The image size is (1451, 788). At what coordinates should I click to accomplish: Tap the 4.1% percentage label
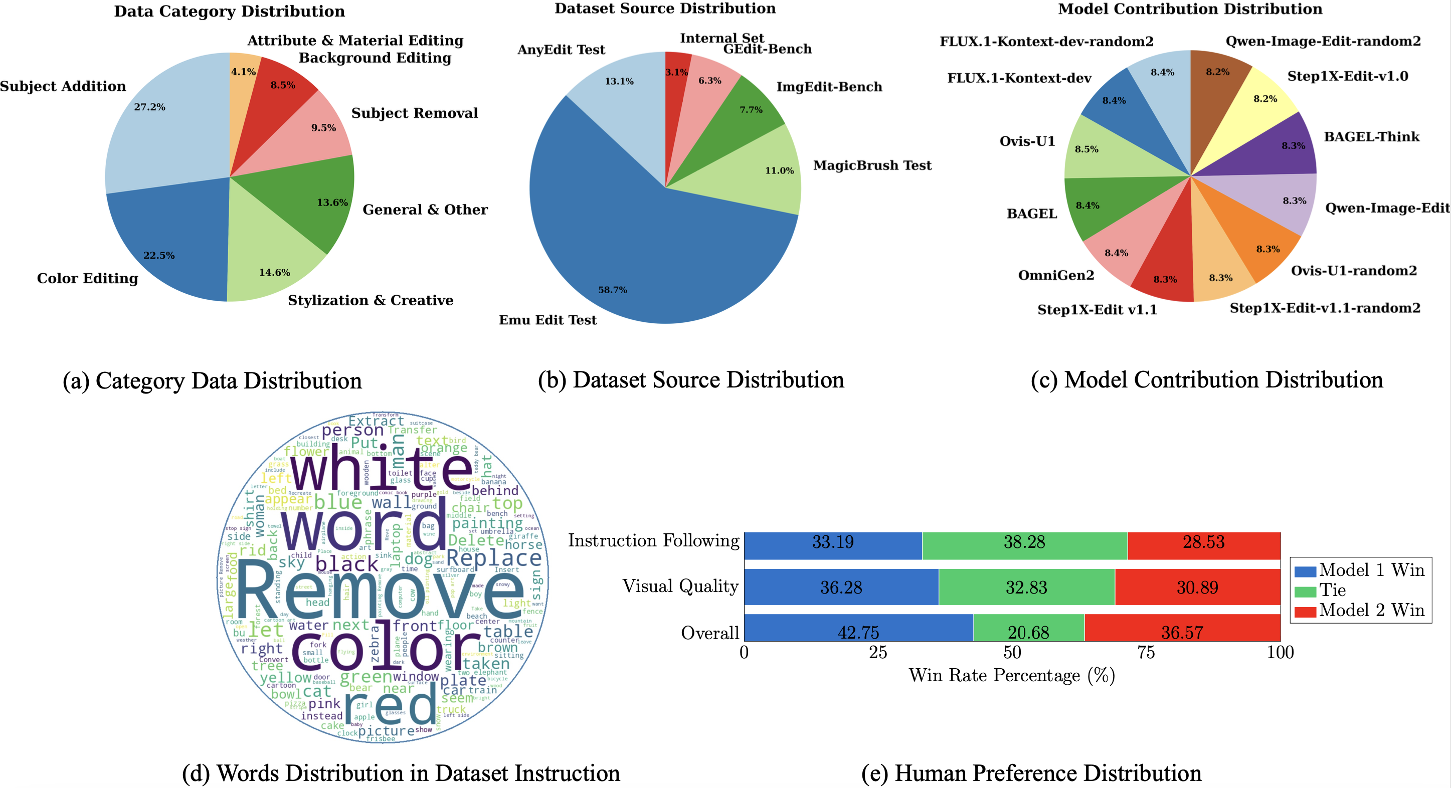(x=243, y=72)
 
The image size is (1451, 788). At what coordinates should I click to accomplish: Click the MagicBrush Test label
(x=872, y=165)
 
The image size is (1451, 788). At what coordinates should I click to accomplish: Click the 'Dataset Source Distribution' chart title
(x=665, y=9)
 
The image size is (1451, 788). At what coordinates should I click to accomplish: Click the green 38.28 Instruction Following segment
(x=1024, y=542)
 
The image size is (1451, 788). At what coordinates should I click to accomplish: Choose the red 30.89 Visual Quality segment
(x=1197, y=587)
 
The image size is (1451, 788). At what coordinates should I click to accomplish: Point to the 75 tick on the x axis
(x=1146, y=653)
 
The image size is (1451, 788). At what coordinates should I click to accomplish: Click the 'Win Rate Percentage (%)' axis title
(x=1012, y=675)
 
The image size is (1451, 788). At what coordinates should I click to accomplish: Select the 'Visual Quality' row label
(x=680, y=586)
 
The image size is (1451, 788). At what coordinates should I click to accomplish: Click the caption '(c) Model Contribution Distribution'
(x=1206, y=380)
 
